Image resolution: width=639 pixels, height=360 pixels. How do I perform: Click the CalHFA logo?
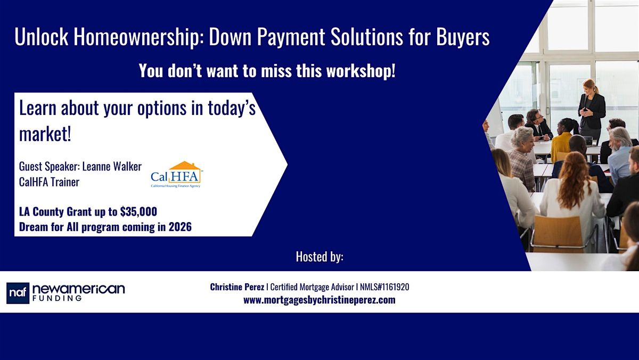176,174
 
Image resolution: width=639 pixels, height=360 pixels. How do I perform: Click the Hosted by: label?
319,257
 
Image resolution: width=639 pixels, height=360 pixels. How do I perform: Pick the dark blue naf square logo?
18,293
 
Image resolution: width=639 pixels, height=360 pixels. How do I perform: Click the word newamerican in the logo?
78,289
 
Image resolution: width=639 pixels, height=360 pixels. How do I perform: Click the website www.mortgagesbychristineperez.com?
319,300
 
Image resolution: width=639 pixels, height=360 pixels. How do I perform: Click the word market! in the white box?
45,135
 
